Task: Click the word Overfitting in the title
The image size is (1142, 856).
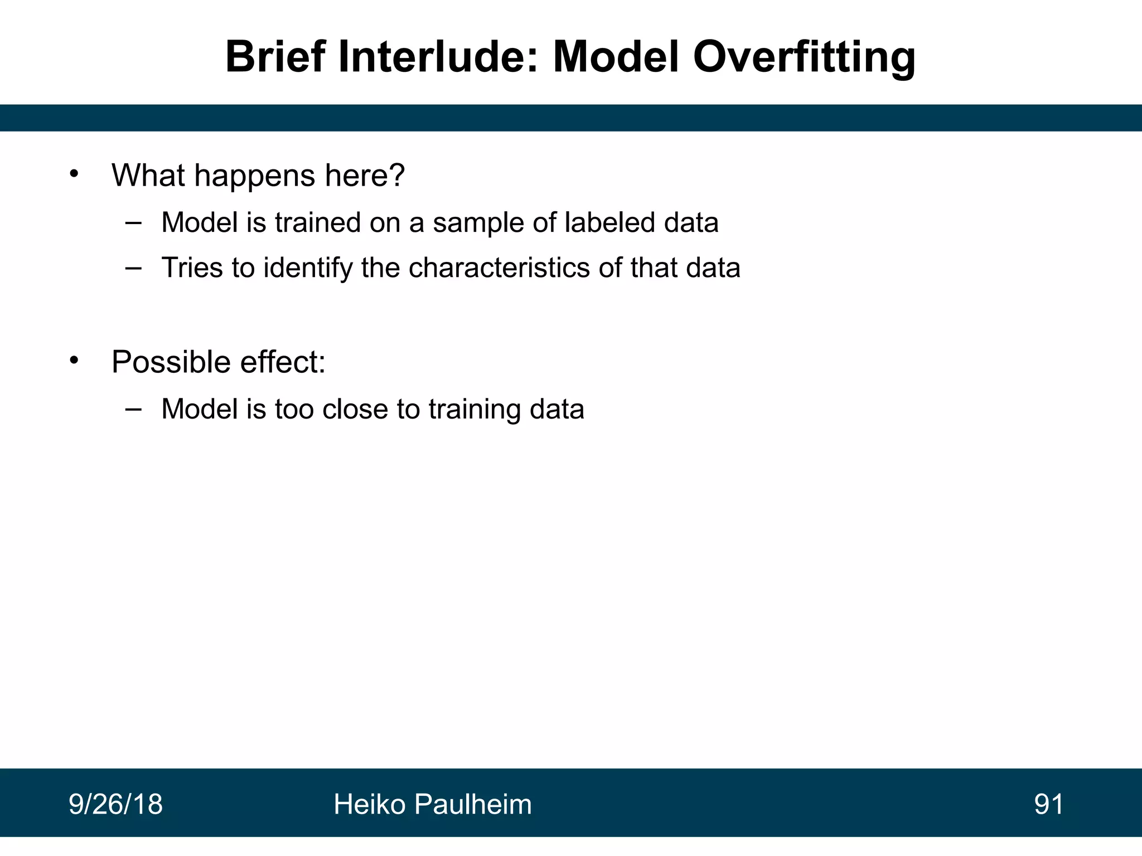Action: coord(804,57)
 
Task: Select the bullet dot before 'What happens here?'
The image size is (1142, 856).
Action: coord(75,174)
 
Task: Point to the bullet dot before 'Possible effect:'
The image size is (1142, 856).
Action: coord(75,361)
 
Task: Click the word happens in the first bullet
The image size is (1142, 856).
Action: coord(254,176)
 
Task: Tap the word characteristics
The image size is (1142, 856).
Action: coord(500,267)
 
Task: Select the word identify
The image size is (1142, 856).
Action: coord(308,269)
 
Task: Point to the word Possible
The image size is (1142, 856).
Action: coord(171,362)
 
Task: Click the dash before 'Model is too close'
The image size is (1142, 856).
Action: coord(133,409)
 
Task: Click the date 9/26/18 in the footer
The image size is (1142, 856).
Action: coord(115,805)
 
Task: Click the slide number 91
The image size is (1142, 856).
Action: coord(1049,805)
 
